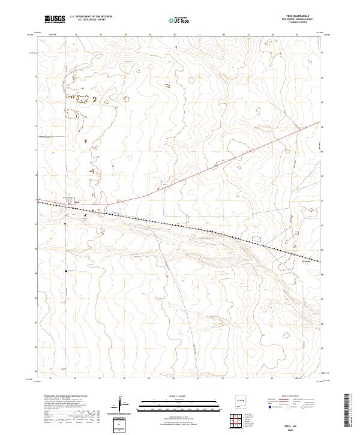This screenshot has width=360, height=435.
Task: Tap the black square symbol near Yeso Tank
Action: pyautogui.click(x=66, y=271)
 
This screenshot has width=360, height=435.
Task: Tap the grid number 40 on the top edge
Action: pyautogui.click(x=174, y=35)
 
